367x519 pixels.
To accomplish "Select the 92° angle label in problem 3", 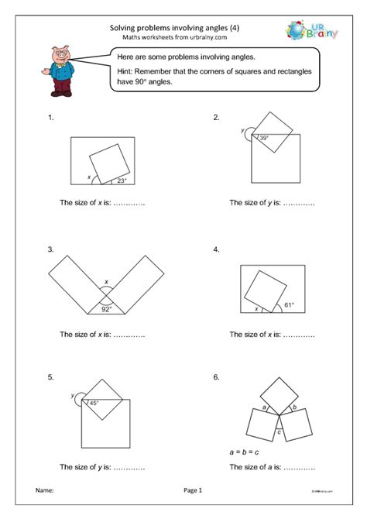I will click(x=106, y=309).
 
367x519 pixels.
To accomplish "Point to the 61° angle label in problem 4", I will click(x=288, y=305).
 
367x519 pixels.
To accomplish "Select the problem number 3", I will click(x=50, y=250).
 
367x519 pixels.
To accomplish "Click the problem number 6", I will click(x=217, y=377).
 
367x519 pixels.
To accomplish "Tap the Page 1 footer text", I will click(x=193, y=491).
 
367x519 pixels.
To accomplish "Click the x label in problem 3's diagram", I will click(x=107, y=282).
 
